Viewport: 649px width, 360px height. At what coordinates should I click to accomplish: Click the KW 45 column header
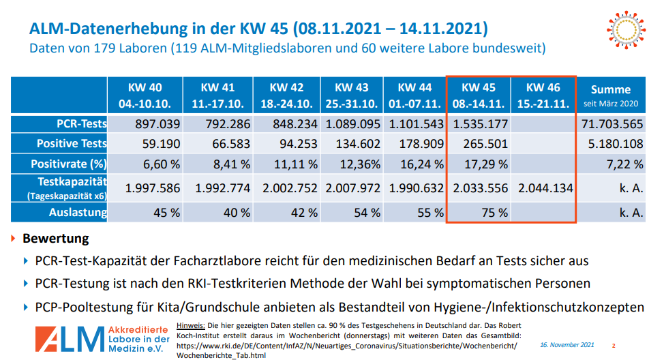(479, 95)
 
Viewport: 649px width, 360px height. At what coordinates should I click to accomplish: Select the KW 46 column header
(543, 95)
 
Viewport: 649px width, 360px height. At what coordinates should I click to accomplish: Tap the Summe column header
(610, 95)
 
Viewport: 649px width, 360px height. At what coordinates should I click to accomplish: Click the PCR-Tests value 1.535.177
(480, 123)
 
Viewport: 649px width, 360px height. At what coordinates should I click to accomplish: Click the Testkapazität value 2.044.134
(545, 188)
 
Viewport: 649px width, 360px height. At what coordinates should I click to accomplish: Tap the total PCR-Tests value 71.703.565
(612, 123)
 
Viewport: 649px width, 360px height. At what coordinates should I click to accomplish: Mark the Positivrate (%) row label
(69, 164)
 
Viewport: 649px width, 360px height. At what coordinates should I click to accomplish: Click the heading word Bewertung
(56, 239)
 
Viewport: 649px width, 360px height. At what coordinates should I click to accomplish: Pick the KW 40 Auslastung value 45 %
(166, 212)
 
